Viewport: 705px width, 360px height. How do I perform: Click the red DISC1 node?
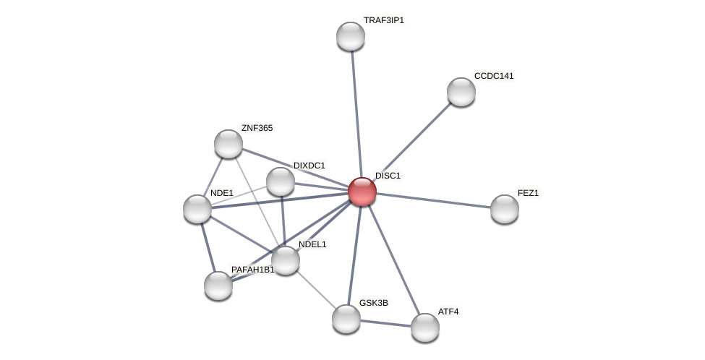[362, 192]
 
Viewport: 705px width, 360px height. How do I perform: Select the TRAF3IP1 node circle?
[351, 36]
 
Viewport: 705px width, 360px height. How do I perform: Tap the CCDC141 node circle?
[461, 92]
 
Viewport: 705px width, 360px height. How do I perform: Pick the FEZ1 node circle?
[505, 209]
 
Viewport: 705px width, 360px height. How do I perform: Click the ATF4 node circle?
[425, 327]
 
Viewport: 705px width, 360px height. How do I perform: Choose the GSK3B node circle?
[346, 319]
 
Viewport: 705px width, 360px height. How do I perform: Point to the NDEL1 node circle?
[286, 260]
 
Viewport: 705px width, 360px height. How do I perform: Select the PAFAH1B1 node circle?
[218, 286]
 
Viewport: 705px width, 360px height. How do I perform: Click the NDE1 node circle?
[197, 209]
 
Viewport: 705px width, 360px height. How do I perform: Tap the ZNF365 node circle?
[228, 144]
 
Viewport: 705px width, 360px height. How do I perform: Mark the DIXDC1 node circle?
[281, 181]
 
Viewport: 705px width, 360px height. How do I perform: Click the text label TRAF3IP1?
[384, 20]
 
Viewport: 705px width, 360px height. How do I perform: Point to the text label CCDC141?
[494, 76]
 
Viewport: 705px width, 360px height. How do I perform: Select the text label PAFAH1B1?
[253, 270]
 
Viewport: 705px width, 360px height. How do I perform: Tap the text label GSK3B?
[374, 303]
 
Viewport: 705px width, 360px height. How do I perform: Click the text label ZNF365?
[257, 128]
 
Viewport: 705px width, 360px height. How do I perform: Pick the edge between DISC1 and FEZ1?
[434, 200]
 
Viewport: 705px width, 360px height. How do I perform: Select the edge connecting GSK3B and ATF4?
[385, 323]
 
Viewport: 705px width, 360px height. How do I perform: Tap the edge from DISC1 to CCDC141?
[413, 140]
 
